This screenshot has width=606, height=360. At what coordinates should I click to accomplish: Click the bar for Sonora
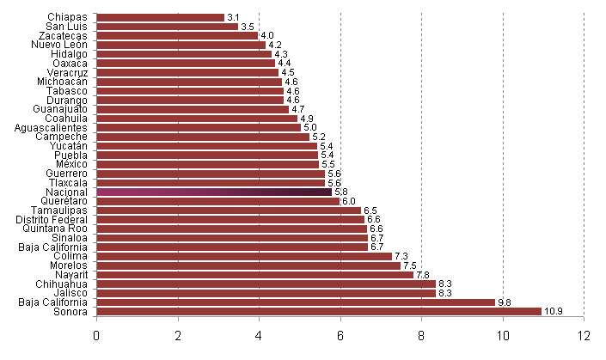[x=318, y=311]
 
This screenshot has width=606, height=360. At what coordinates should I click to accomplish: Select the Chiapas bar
[x=160, y=17]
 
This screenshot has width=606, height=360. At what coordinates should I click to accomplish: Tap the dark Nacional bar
[x=213, y=192]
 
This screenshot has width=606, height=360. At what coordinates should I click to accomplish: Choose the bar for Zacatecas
[x=177, y=36]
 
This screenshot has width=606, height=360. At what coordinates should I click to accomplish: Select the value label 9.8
[x=505, y=302]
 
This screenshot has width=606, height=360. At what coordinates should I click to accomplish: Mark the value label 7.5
[x=410, y=265]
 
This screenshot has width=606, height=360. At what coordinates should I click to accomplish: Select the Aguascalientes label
[x=51, y=127]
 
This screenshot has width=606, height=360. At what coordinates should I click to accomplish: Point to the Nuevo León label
[x=59, y=45]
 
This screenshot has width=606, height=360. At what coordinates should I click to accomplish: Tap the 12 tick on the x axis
[x=584, y=334]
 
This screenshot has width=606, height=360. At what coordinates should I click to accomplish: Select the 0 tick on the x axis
[x=96, y=334]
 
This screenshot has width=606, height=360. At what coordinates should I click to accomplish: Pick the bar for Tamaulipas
[x=229, y=211]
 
